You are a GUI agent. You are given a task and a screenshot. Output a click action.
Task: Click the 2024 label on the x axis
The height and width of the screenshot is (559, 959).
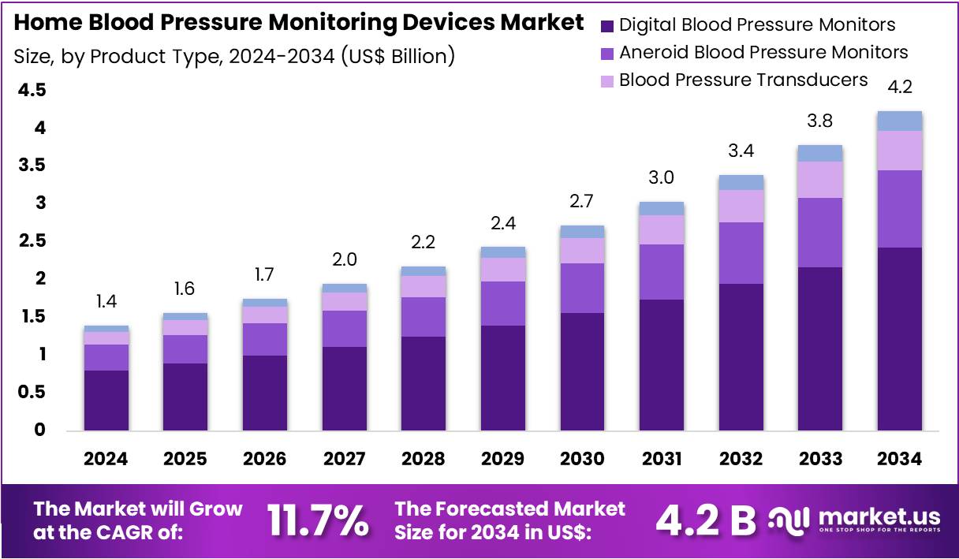point(106,459)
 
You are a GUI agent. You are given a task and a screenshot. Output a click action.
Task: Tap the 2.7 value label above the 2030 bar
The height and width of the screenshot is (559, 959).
point(582,201)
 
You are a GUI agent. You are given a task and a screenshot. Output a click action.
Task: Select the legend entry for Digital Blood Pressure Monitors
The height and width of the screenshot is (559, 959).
point(756,24)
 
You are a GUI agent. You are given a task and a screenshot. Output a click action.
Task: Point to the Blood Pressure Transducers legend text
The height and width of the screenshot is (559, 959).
point(743,80)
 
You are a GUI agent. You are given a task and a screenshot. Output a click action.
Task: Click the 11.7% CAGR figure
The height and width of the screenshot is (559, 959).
point(317,520)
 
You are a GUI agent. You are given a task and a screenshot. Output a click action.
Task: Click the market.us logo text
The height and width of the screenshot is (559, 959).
point(879,517)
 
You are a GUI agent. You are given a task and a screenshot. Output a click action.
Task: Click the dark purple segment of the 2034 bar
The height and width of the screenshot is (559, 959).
point(900,339)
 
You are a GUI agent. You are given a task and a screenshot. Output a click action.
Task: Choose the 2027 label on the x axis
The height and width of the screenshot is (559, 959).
point(344,459)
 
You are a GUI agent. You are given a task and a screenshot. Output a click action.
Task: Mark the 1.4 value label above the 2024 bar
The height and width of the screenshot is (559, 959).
point(106,301)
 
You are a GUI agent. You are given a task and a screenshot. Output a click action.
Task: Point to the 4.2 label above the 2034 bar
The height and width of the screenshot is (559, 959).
point(900,87)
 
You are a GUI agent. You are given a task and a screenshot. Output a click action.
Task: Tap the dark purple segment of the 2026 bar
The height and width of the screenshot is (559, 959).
point(265,393)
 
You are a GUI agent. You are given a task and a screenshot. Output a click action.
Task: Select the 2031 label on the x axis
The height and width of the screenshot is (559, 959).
point(662,459)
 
